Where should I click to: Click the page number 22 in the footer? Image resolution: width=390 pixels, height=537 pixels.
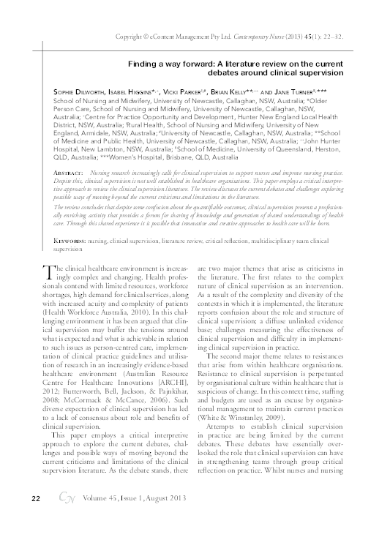pos(35,519)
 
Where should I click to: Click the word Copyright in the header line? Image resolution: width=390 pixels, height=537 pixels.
pos(130,35)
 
